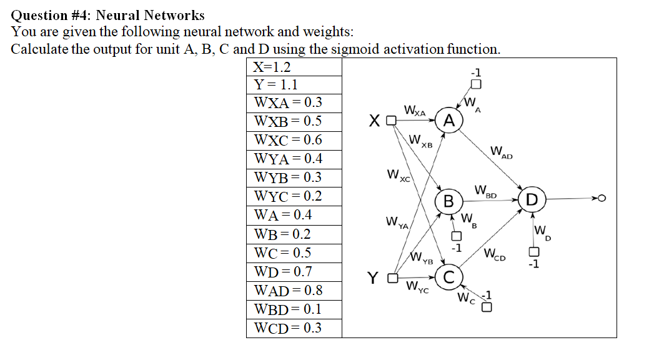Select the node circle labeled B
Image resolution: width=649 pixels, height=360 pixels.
448,201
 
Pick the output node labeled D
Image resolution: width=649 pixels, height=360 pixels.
532,200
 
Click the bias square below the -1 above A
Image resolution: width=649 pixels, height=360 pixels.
476,84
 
